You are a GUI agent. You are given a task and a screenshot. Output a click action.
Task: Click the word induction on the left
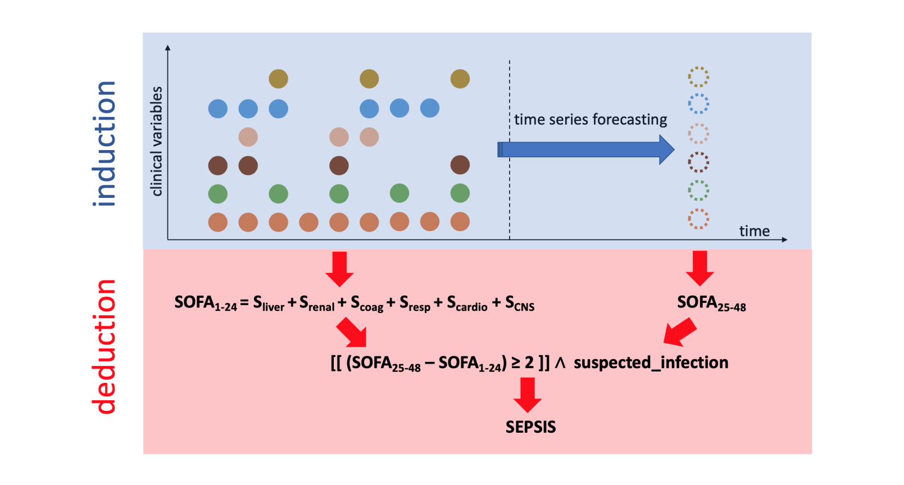(104, 144)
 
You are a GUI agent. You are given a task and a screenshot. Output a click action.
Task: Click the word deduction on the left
(104, 347)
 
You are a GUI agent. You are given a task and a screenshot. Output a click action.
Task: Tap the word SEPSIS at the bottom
(531, 427)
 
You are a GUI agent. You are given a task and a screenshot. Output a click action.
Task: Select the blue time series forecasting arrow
(585, 149)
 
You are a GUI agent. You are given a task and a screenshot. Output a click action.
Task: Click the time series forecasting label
(590, 120)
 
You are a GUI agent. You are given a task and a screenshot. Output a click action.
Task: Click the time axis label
(755, 231)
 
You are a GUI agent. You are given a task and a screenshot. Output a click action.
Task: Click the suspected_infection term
(651, 362)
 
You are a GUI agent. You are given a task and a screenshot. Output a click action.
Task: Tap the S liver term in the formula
(269, 303)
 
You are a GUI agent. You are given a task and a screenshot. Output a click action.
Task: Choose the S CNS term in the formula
(520, 303)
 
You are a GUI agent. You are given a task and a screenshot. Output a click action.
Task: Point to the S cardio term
(467, 303)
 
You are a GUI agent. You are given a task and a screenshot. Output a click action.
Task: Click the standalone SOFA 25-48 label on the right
(711, 303)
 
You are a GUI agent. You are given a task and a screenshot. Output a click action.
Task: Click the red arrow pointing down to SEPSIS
(528, 395)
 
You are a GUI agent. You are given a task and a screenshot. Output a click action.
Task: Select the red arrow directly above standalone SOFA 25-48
(700, 268)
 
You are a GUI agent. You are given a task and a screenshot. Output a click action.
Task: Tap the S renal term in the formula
(317, 303)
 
